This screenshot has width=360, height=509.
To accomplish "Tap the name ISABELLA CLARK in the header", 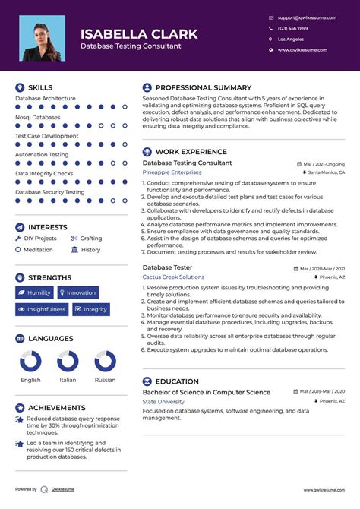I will point(139,34).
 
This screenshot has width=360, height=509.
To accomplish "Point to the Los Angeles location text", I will point(291,39).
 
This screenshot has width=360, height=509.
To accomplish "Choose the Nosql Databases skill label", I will point(38,117).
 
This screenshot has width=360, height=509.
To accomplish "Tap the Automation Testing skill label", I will point(43,155).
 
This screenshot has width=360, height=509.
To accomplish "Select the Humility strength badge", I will point(34,292).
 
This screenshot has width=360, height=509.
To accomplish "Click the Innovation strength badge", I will point(77,292).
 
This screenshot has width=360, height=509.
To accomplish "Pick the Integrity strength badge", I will point(91,309).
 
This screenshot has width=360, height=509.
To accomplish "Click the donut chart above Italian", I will point(68,361).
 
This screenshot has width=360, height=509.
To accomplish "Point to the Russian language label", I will point(105,380).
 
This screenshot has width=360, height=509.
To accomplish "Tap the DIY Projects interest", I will point(40,239).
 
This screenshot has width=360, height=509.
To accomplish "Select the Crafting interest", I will point(91,239).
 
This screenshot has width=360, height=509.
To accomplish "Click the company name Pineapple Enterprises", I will point(172,172).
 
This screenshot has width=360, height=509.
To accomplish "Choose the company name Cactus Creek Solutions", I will point(173,277).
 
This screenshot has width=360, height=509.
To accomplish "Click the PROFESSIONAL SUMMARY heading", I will point(203,87).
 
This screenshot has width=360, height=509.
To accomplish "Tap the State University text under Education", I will point(163,401).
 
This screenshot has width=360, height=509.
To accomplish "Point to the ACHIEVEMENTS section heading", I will point(56,408).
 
